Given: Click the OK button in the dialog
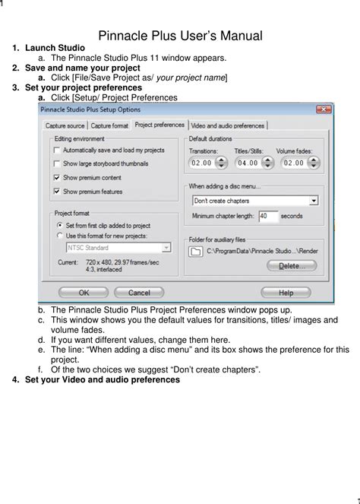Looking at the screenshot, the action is click(84, 292).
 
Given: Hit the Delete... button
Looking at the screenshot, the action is click(292, 266).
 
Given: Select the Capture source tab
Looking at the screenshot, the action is click(65, 125).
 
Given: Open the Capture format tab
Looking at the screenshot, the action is click(110, 125).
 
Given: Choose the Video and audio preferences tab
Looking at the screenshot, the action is click(228, 125).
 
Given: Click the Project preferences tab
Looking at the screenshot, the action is click(159, 125).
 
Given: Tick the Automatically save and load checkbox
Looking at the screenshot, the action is click(58, 151).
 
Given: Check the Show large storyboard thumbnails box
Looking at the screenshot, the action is click(58, 163).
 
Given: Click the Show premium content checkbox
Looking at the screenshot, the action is click(58, 177).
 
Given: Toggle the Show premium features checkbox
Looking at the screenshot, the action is click(58, 191).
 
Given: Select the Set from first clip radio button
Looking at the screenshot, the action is click(60, 225).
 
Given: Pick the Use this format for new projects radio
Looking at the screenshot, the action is click(60, 236).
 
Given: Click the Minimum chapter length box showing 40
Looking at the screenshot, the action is click(267, 216).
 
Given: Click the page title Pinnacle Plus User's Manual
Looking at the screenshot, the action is click(180, 36).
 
